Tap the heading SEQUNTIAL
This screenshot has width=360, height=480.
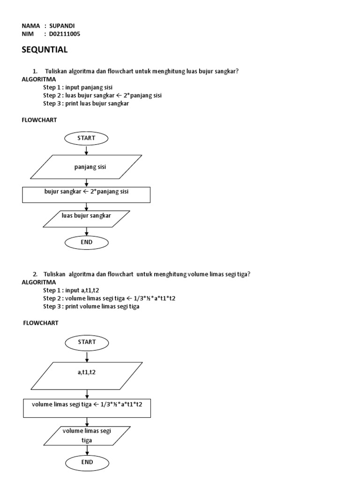(x=45, y=50)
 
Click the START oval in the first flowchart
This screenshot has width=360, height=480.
(x=87, y=138)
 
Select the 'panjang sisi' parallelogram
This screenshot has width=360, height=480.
(x=87, y=167)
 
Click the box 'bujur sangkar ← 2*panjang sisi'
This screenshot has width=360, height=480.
(x=86, y=195)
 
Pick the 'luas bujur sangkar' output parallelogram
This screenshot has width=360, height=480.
(x=87, y=218)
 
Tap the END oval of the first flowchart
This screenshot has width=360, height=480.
(x=87, y=242)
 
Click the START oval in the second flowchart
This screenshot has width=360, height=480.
(x=87, y=342)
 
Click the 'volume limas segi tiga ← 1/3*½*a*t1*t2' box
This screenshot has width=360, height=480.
(x=87, y=407)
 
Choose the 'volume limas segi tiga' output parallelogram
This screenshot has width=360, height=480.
(x=87, y=436)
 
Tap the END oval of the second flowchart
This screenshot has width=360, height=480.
(x=87, y=462)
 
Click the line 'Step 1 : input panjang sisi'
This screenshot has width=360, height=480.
(x=78, y=87)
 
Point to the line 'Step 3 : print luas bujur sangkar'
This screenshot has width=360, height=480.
(x=86, y=104)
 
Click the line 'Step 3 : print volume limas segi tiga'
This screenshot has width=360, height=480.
(x=91, y=307)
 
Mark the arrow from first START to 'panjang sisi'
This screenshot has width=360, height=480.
(x=87, y=150)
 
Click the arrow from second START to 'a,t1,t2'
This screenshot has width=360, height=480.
(x=87, y=355)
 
